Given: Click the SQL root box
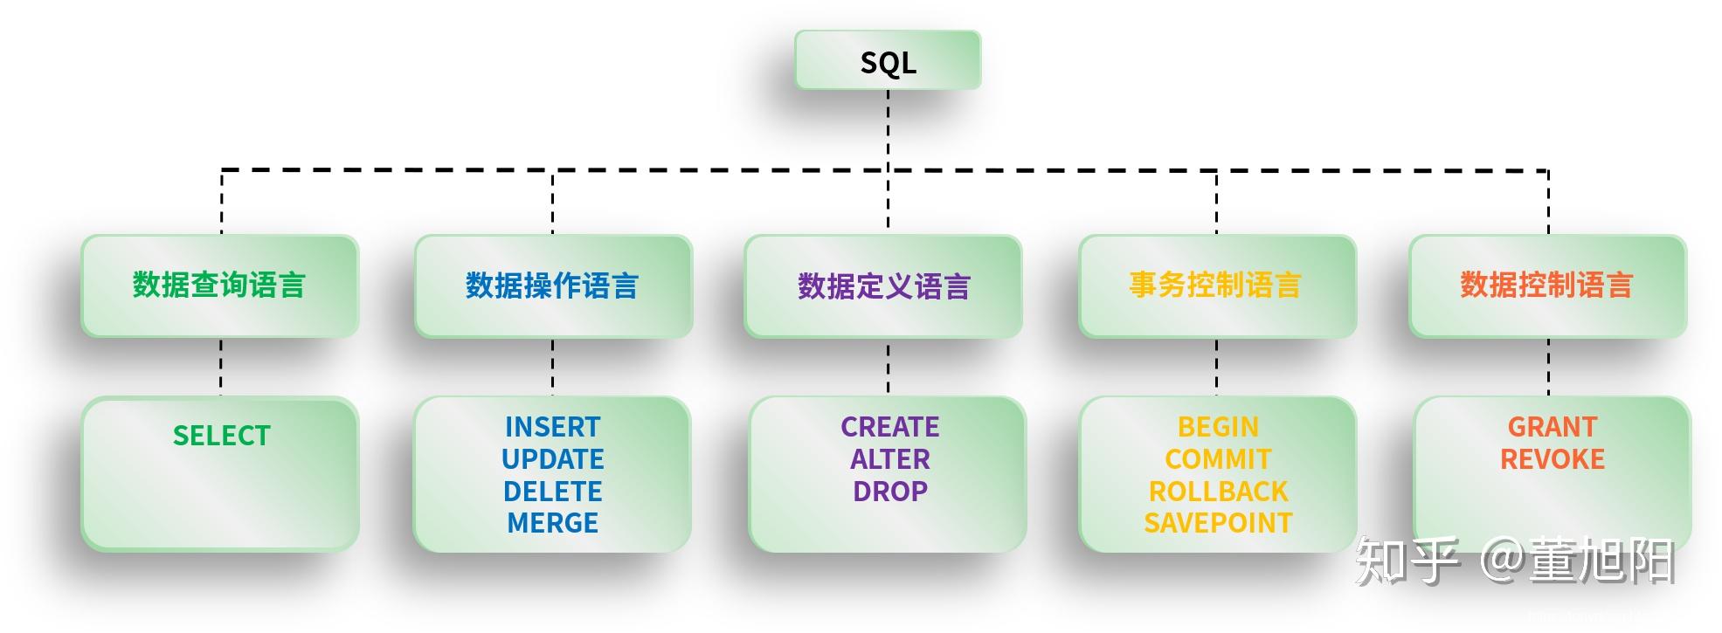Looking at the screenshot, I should click(x=888, y=61).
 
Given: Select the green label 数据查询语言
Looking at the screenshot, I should click(x=219, y=286).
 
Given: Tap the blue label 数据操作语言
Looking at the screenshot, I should click(x=552, y=286).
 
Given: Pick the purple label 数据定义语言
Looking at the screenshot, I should click(x=884, y=286).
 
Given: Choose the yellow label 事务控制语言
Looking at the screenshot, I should click(x=1215, y=286).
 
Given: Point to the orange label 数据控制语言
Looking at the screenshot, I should click(x=1546, y=286).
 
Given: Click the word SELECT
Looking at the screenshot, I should click(x=221, y=436).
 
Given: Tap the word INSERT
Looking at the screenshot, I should click(x=552, y=427).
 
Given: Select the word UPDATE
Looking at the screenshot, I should click(x=552, y=459).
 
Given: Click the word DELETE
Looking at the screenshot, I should click(x=552, y=492).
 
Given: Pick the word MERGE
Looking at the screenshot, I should click(x=552, y=523).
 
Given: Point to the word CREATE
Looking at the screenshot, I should click(x=889, y=427).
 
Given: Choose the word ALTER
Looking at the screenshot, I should click(x=889, y=459).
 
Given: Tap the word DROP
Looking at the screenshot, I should click(x=889, y=492).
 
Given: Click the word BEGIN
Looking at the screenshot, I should click(x=1218, y=427).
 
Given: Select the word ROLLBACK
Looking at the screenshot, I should click(x=1218, y=492).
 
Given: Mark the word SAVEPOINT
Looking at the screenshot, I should click(x=1218, y=523).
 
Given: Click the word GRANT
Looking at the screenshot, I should click(x=1552, y=427).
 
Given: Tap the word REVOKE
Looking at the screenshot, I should click(x=1552, y=459).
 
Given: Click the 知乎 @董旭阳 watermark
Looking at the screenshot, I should click(x=1514, y=561).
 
